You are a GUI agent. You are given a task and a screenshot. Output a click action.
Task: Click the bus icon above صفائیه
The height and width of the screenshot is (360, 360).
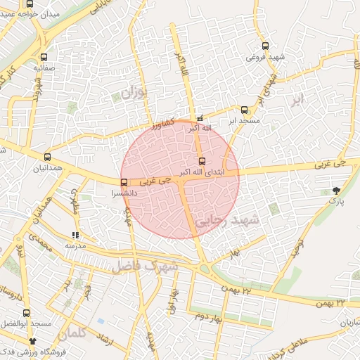coord(44,58)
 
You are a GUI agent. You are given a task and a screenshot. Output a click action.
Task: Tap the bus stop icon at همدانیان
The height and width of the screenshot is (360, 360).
coord(47,157)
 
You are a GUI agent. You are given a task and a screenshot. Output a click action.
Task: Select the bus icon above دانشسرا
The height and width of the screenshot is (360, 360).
coord(124,183)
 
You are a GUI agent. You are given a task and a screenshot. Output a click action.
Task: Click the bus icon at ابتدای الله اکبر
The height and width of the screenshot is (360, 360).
coord(202,162)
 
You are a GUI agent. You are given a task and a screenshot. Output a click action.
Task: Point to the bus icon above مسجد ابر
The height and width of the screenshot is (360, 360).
coord(244,110)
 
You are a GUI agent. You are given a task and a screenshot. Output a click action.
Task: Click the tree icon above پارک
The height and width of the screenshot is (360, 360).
coord(337,190)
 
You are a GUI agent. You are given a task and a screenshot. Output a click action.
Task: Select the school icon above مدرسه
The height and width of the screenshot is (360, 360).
coord(75,236)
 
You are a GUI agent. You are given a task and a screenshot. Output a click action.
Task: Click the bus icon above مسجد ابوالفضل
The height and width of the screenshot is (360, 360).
coord(27,313)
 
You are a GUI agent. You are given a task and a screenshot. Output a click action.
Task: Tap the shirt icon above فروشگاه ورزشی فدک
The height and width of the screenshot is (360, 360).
coord(32,340)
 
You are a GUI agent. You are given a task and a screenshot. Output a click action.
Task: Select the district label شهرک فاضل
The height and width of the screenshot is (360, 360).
coord(151,267)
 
